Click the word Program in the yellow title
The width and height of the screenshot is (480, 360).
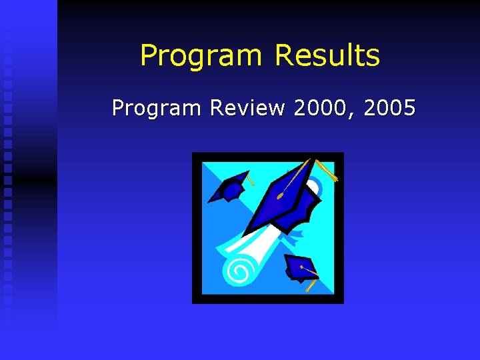pyautogui.click(x=202, y=56)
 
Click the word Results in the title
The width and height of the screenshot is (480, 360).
pyautogui.click(x=327, y=56)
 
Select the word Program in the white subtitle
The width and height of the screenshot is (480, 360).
pyautogui.click(x=156, y=108)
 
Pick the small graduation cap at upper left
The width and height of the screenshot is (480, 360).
pyautogui.click(x=229, y=187)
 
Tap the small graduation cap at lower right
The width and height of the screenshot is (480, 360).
pyautogui.click(x=299, y=268)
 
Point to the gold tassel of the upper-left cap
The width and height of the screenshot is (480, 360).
pyautogui.click(x=250, y=180)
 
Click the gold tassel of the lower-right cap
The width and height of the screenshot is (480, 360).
pyautogui.click(x=311, y=285)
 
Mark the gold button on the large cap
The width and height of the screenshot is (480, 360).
pyautogui.click(x=279, y=196)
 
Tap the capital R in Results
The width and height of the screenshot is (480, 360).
pyautogui.click(x=284, y=56)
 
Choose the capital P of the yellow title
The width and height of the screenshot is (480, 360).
pyautogui.click(x=148, y=56)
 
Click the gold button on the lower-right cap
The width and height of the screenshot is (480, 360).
pyautogui.click(x=301, y=267)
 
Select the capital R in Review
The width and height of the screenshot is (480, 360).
pyautogui.click(x=217, y=107)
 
